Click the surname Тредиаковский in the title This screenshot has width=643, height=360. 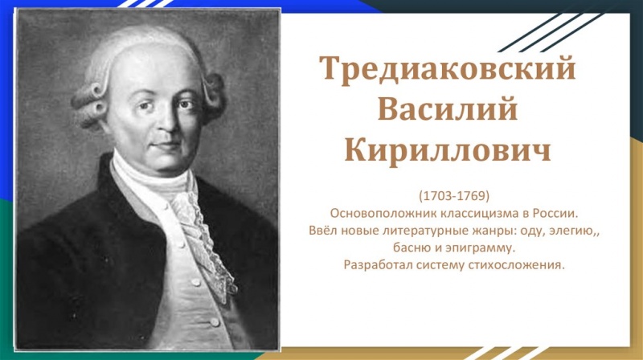448,68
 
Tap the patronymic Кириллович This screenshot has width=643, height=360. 448,150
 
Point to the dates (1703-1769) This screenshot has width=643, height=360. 454,196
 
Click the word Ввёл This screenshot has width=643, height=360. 323,231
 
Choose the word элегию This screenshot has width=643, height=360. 571,231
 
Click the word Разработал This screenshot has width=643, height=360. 378,265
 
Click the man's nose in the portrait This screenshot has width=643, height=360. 167,122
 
